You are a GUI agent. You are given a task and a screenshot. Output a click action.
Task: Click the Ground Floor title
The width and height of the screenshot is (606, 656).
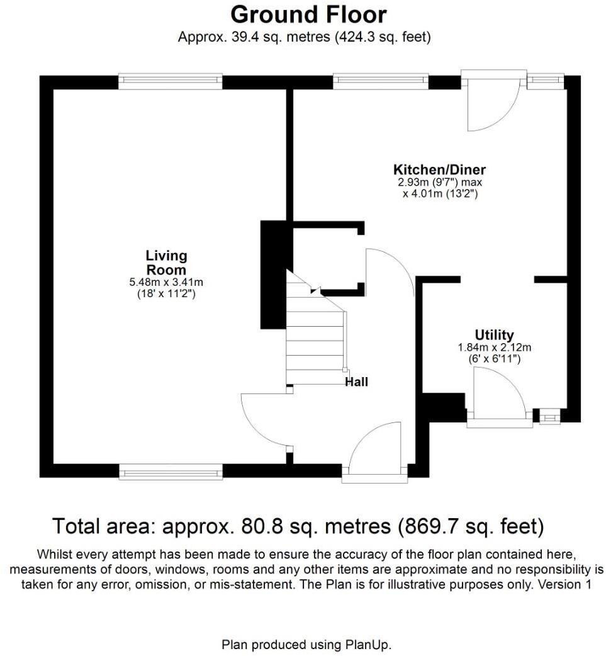point(308,14)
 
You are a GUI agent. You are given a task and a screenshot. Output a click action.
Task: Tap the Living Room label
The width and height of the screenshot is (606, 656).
point(166,263)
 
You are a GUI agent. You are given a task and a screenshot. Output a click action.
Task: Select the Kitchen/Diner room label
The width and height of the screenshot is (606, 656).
point(439,169)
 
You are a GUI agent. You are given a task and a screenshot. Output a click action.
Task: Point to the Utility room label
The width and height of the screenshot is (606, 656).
point(494,335)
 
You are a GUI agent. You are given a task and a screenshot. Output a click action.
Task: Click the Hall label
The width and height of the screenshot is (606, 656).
point(356,382)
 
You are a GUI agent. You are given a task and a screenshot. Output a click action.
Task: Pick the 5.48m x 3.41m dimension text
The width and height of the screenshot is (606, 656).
point(166,283)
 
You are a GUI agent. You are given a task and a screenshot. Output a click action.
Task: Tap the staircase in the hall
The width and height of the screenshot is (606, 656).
point(315,340)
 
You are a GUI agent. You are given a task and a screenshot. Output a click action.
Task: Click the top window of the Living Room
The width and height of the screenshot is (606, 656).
point(170,81)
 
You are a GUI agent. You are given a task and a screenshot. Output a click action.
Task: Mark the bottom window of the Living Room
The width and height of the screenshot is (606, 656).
point(170,471)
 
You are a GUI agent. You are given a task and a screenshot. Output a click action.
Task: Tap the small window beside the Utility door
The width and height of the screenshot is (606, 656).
point(549,416)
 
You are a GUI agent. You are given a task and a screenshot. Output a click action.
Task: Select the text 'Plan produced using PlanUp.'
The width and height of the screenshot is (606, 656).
point(306,645)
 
